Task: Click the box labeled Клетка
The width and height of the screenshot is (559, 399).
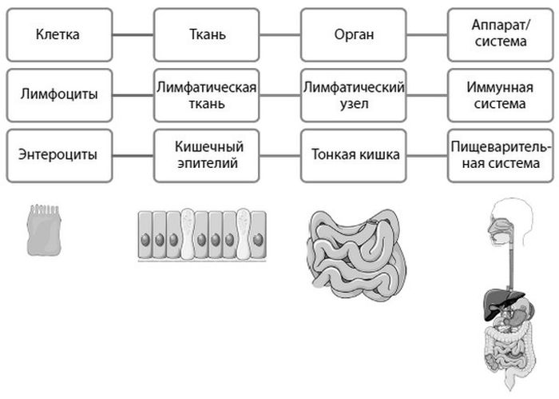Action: [x=57, y=35]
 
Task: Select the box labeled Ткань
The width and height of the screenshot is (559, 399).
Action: [x=207, y=35]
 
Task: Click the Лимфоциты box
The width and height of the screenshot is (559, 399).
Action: [x=57, y=94]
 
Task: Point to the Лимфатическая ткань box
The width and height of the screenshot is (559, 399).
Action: [x=207, y=94]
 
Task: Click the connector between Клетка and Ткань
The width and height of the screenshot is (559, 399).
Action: [x=132, y=35]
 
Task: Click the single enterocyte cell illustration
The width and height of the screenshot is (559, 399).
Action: [x=44, y=229]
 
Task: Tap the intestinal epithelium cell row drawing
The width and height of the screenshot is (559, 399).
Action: [x=202, y=235]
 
